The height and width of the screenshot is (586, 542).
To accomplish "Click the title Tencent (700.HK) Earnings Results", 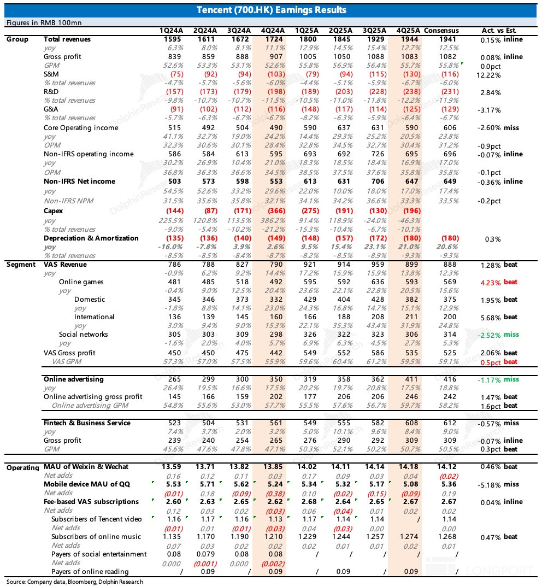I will pyautogui.click(x=271, y=10).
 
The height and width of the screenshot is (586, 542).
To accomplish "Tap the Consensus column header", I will pyautogui.click(x=441, y=31).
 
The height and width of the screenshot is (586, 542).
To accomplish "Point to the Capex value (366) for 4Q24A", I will pyautogui.click(x=272, y=211).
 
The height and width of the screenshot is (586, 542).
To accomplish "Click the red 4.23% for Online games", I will pyautogui.click(x=490, y=283).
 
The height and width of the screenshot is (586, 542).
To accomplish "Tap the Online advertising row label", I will pyautogui.click(x=73, y=379).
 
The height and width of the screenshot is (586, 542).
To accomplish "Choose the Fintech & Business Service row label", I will pyautogui.click(x=87, y=423).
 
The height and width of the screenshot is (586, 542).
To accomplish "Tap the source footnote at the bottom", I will pyautogui.click(x=75, y=582).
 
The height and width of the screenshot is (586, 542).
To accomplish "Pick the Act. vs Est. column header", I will pyautogui.click(x=499, y=31).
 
